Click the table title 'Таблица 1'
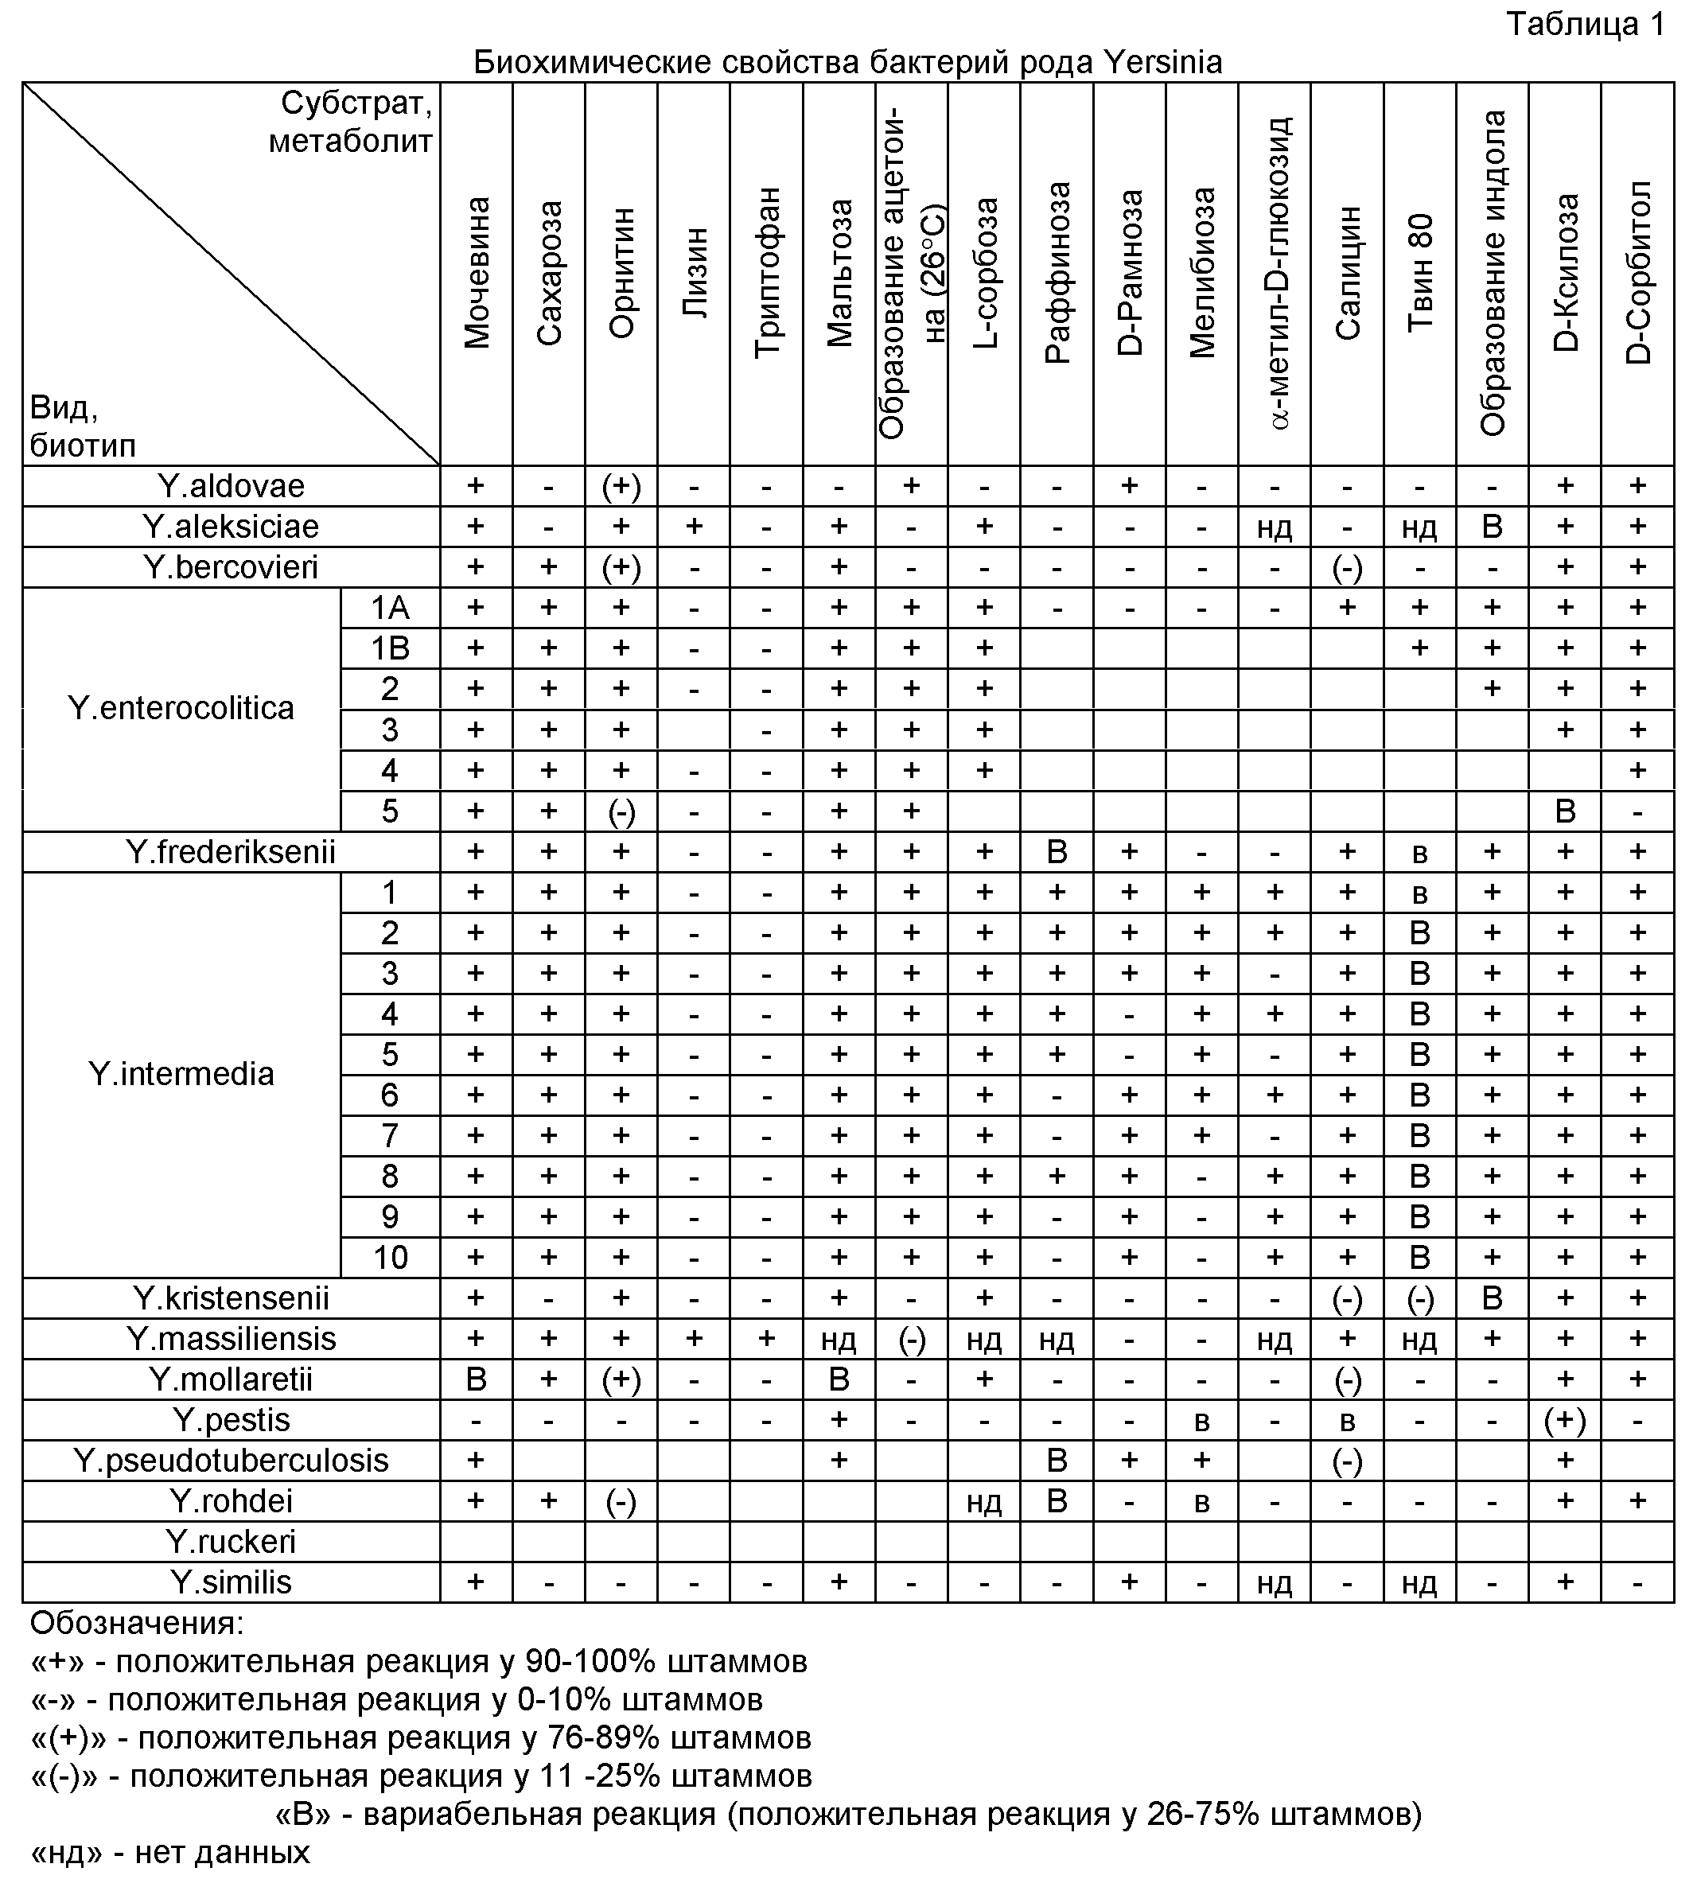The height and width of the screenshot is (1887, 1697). coord(1585,24)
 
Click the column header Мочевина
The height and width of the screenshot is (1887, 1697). coord(477,272)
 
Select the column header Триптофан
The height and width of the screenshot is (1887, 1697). coord(766,272)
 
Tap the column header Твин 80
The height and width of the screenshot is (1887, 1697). coord(1419,272)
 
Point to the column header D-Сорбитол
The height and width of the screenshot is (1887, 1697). coord(1637,272)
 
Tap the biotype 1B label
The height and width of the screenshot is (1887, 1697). coord(390,648)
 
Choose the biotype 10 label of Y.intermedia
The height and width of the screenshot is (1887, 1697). coord(390,1258)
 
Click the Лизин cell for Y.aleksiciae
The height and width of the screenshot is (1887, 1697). coord(694,527)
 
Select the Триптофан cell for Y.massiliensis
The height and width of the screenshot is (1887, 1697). coord(766,1339)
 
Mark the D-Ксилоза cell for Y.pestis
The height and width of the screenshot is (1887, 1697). coord(1565,1420)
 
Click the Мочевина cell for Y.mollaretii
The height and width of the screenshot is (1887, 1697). coord(477,1379)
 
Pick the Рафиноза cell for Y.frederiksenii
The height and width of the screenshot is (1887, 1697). coord(1057,851)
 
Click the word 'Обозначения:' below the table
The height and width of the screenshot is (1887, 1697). coord(137,1623)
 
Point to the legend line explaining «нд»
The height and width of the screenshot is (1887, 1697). coord(170,1851)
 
